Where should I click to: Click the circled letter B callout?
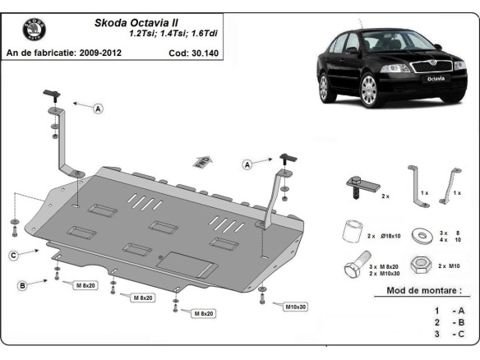click(x=22, y=284)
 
